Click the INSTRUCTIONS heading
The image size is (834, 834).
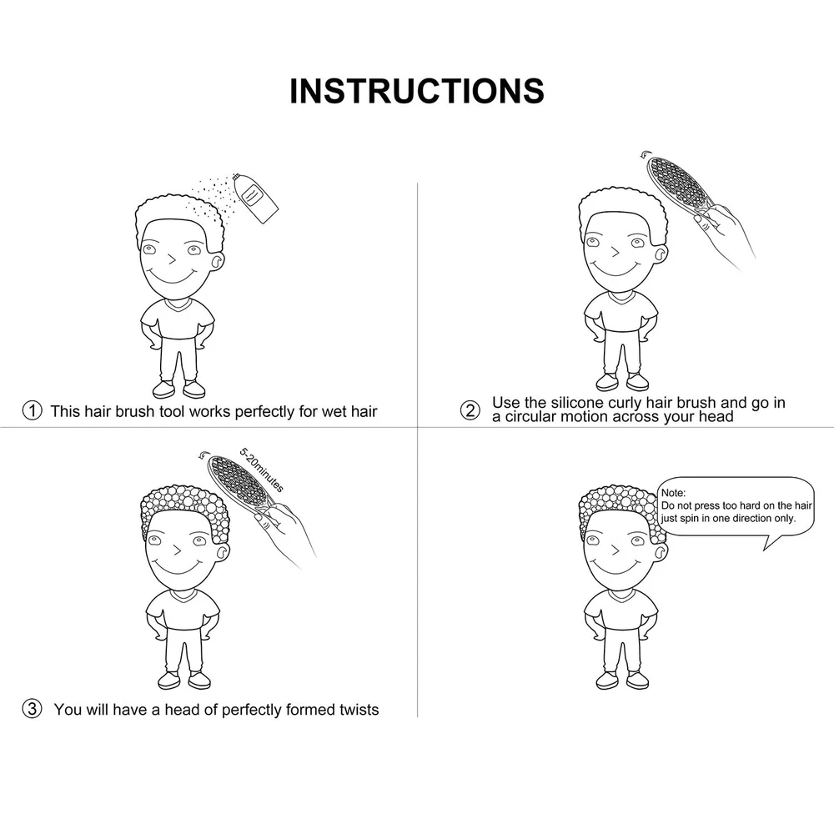coord(417,91)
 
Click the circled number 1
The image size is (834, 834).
coord(32,410)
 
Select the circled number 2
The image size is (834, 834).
coord(470,410)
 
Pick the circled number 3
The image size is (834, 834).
coord(32,708)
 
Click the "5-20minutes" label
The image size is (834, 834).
coord(262,470)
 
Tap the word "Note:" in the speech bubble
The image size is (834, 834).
coord(673,493)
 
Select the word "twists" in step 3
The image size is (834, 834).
coord(359,710)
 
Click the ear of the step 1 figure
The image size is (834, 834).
coord(218,260)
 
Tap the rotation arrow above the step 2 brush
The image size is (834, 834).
coord(645,154)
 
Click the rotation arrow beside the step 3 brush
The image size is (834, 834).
coord(203,455)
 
